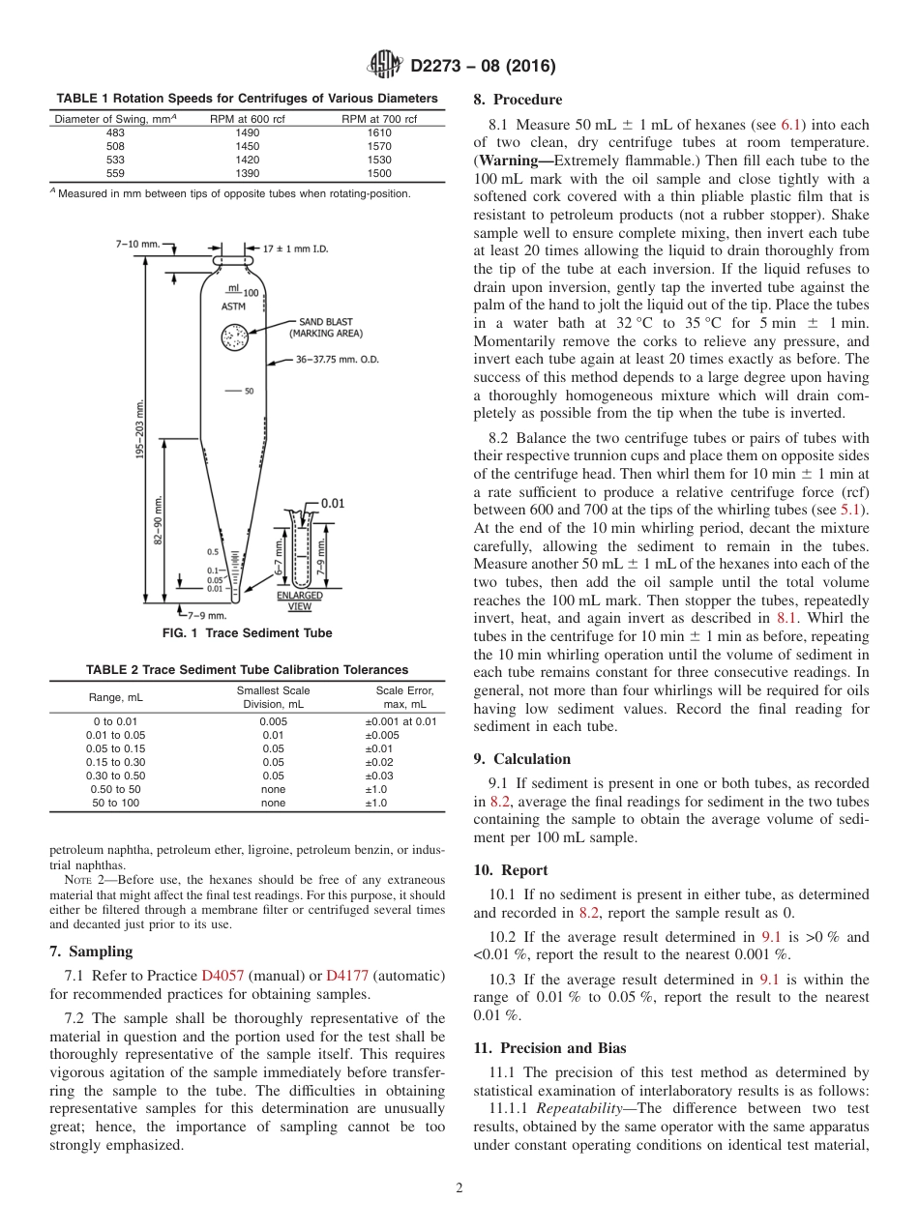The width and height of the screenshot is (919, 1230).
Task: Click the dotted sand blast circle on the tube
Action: click(233, 337)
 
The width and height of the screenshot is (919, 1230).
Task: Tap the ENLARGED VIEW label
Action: click(300, 600)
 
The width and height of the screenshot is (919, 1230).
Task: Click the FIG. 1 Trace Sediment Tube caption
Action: click(246, 633)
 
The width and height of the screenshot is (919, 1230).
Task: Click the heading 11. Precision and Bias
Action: click(549, 1047)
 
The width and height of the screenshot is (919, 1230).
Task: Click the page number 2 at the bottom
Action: click(459, 1187)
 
